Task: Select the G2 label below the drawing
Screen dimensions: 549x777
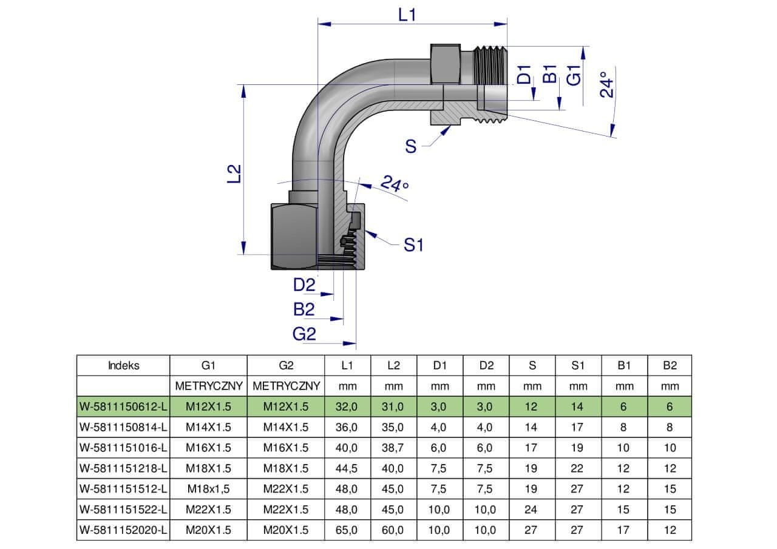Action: point(304,333)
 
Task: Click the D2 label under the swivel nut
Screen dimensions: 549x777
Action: point(304,285)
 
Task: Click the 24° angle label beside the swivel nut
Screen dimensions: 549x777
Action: point(394,183)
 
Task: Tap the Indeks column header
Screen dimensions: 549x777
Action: point(123,365)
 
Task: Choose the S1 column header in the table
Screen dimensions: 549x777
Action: point(577,365)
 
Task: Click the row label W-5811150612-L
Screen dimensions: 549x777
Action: point(123,406)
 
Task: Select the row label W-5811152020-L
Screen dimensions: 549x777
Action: point(123,530)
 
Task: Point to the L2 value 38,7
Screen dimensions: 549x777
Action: point(393,448)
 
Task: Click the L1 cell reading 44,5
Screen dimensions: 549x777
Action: point(347,468)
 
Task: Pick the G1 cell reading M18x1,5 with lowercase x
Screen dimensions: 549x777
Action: point(208,489)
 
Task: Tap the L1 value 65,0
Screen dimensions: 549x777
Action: point(347,530)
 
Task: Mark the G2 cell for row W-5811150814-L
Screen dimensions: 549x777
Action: point(286,427)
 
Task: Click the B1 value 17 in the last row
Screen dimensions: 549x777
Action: point(623,530)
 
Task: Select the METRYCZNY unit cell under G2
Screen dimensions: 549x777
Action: point(286,386)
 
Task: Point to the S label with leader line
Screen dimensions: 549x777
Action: point(411,146)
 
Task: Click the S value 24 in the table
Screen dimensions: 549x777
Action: point(532,510)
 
